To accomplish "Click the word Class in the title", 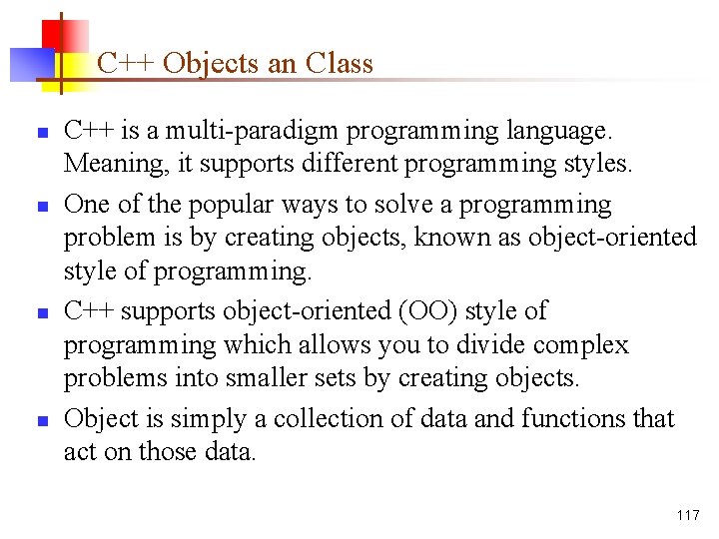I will pyautogui.click(x=340, y=64).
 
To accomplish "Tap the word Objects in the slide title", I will pyautogui.click(x=210, y=64).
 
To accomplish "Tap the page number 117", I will pyautogui.click(x=687, y=515).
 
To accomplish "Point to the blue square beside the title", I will pyautogui.click(x=30, y=64).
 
